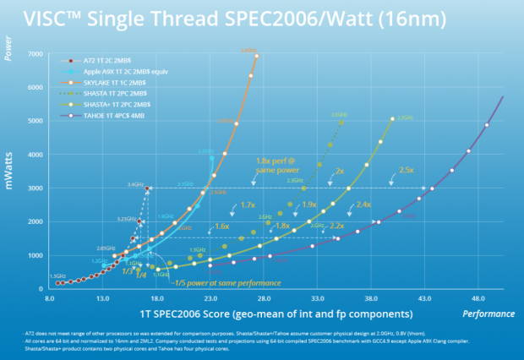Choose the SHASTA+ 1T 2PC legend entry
(104, 106)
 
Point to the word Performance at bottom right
(486, 314)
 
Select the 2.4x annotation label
(363, 205)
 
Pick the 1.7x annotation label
(248, 205)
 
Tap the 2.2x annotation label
(336, 226)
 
